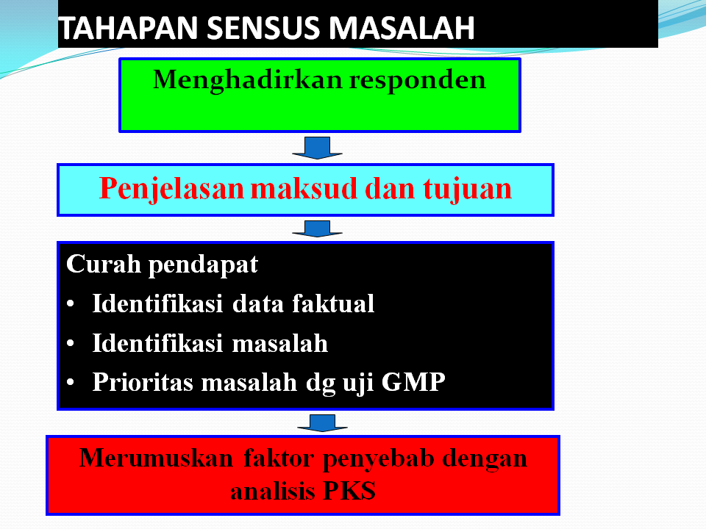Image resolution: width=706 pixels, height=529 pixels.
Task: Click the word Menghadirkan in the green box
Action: (247, 79)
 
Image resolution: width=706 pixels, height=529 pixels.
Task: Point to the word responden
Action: (417, 79)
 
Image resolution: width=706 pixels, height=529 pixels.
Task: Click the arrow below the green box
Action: (317, 147)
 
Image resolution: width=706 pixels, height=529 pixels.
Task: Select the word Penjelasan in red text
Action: (171, 189)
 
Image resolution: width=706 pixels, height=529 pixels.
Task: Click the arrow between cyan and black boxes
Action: (317, 228)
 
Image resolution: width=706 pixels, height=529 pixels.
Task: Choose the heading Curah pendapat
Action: (162, 264)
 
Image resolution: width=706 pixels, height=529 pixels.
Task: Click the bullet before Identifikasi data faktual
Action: (71, 305)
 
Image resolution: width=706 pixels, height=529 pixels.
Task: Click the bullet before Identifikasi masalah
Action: (71, 345)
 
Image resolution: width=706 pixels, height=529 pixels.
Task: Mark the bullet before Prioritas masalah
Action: (71, 384)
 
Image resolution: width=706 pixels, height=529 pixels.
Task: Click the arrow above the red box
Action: (322, 422)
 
